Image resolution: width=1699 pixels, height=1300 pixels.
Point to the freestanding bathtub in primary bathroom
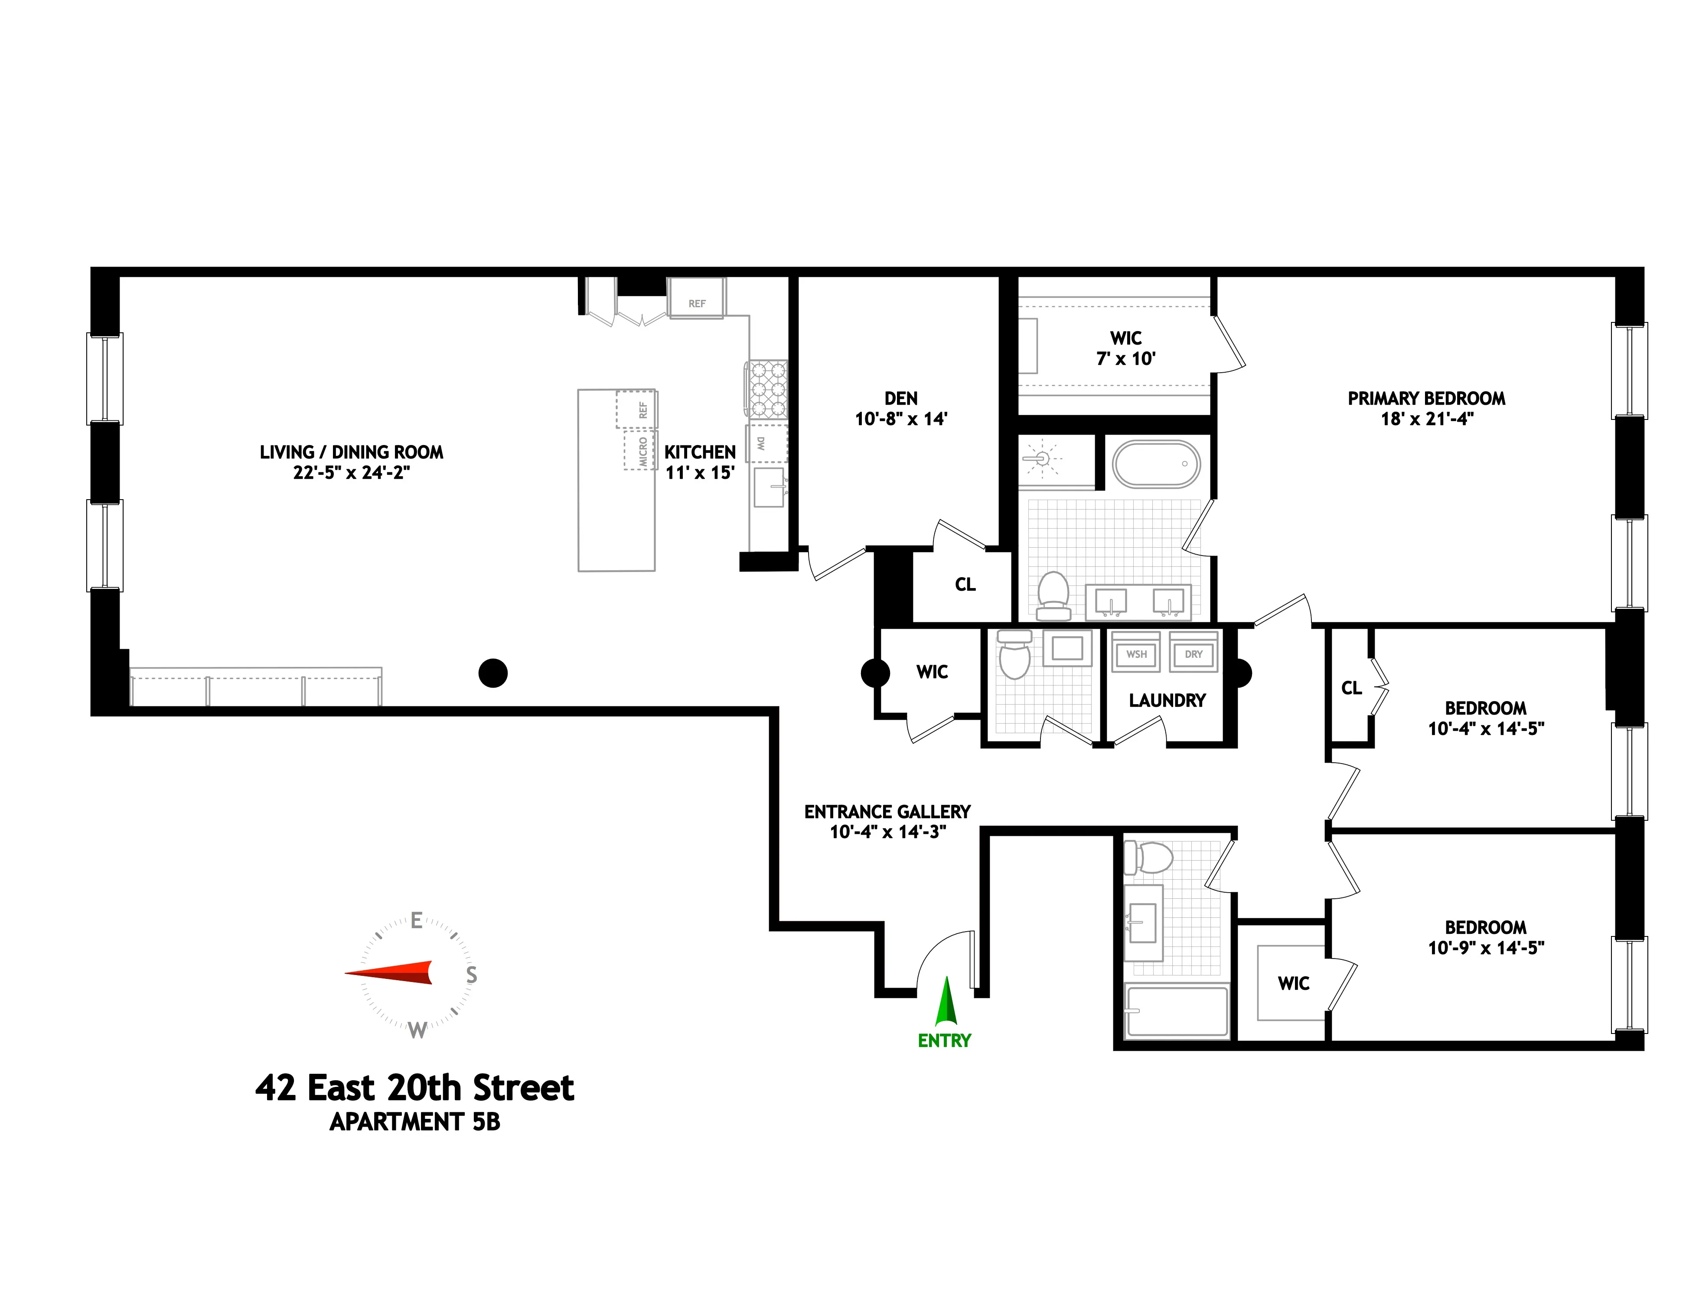coord(1156,464)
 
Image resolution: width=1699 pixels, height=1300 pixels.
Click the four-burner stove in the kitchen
coord(766,389)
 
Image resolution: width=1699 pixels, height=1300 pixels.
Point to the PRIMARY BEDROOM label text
coord(1426,399)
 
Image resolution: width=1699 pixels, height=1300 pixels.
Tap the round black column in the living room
coord(493,673)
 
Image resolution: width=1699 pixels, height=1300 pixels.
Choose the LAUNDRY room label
coord(1167,700)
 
